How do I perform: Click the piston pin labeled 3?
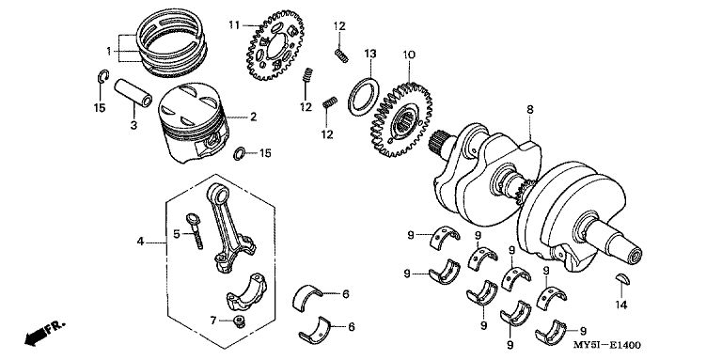tap(133, 93)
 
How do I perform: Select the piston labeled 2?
tap(194, 123)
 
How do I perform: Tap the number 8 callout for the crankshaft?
tap(530, 110)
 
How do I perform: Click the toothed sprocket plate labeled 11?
tap(275, 45)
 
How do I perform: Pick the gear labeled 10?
tap(401, 119)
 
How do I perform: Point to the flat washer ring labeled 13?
tap(363, 97)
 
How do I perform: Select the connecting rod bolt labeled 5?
tap(195, 230)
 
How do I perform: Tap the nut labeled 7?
tap(239, 321)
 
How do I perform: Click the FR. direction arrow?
tap(45, 334)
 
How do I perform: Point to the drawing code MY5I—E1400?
tap(607, 345)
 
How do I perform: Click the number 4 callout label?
tap(140, 242)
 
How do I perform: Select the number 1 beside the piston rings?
tap(109, 51)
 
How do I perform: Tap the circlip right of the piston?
tap(240, 153)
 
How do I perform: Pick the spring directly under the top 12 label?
tap(341, 55)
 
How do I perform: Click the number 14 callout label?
tap(621, 305)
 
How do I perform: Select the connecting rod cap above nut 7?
tap(246, 292)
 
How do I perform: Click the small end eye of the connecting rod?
tap(215, 193)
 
